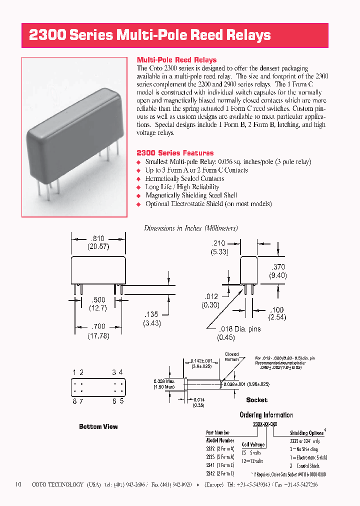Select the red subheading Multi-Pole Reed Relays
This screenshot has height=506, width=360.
pos(176,60)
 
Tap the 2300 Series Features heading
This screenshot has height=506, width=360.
pos(175,153)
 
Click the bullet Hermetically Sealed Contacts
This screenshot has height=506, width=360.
pos(184,178)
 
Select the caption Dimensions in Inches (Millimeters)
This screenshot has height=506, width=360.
pos(190,228)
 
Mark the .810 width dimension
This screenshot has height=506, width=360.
pos(98,238)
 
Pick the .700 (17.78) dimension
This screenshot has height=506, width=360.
pos(98,331)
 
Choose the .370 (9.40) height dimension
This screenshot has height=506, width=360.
pos(278,271)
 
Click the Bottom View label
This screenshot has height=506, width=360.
pos(98,426)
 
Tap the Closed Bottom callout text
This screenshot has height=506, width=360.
pos(231,356)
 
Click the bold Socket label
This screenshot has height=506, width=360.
pos(256,400)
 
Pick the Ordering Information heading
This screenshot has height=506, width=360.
pos(266,415)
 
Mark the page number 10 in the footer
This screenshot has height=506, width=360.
pos(18,484)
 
